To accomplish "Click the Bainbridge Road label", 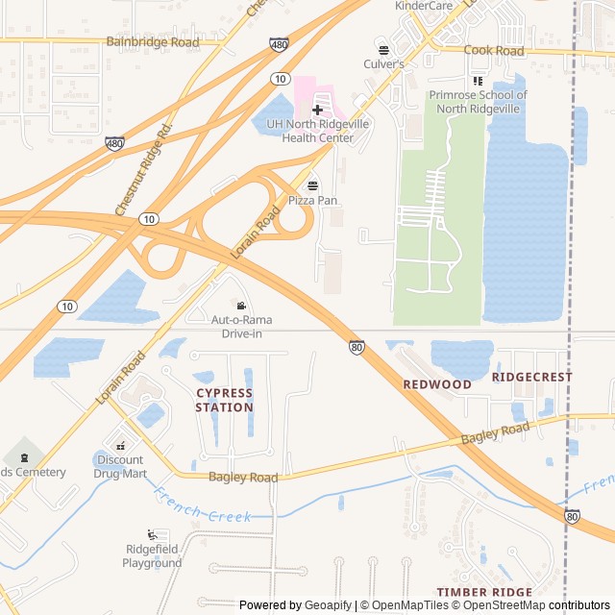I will pyautogui.click(x=153, y=42).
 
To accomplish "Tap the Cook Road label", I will pyautogui.click(x=494, y=50).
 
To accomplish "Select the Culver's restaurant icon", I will pyautogui.click(x=383, y=49).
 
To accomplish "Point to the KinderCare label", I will pyautogui.click(x=423, y=6).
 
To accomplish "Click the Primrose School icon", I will pyautogui.click(x=478, y=81).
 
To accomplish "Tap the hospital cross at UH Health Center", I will pyautogui.click(x=317, y=110).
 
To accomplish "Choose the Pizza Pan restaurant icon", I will pyautogui.click(x=312, y=185).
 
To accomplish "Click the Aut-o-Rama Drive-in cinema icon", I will pyautogui.click(x=241, y=305).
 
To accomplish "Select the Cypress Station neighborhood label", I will pyautogui.click(x=224, y=400).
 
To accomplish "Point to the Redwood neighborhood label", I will pyautogui.click(x=437, y=384).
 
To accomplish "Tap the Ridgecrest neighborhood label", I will pyautogui.click(x=531, y=378).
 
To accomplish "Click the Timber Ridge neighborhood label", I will pyautogui.click(x=484, y=592).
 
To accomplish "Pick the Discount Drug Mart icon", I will pyautogui.click(x=121, y=445).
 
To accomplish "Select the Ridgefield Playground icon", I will pyautogui.click(x=152, y=534).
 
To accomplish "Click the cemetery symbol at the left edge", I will pyautogui.click(x=22, y=454).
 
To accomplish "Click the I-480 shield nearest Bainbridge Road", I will pyautogui.click(x=277, y=45).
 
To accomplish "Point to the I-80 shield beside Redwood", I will pyautogui.click(x=357, y=347).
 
